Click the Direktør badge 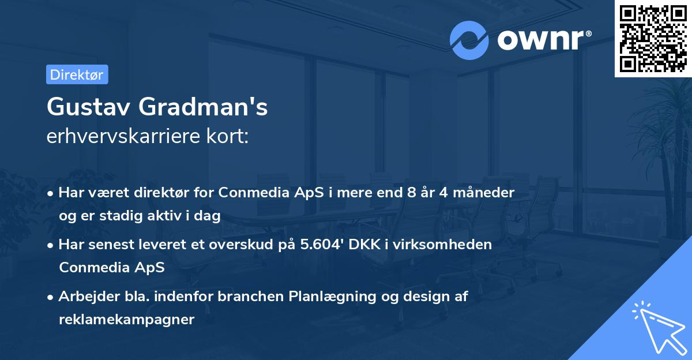coord(77,74)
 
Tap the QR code coord(653,38)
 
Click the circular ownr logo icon coord(469,40)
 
